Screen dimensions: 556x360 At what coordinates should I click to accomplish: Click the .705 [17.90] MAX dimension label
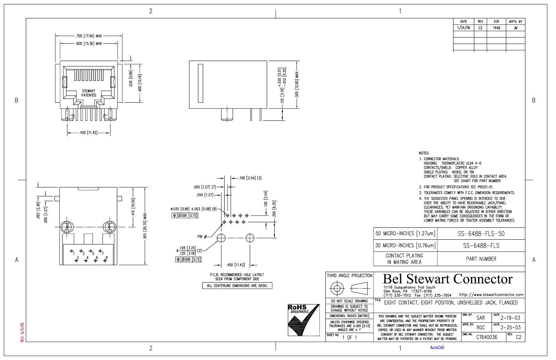click(89, 36)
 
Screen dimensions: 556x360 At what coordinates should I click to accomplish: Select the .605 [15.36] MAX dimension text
click(89, 44)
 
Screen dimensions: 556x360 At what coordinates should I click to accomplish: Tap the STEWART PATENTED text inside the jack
click(89, 93)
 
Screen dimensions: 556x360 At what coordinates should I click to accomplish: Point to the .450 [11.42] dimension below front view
click(88, 133)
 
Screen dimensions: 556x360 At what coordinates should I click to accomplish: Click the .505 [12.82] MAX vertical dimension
click(297, 85)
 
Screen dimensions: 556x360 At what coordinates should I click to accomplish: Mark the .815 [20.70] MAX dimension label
click(145, 226)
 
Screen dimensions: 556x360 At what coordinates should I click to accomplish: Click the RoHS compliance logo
click(304, 320)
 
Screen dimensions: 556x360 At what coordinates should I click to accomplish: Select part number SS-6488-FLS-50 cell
click(481, 234)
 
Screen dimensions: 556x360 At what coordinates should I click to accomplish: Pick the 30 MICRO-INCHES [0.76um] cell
click(405, 245)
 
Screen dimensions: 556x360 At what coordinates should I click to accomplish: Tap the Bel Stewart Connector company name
click(448, 279)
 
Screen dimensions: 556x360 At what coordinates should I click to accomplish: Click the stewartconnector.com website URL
click(491, 295)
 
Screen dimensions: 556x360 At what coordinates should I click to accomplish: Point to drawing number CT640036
click(486, 337)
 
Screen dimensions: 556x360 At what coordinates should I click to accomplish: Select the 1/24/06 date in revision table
click(463, 28)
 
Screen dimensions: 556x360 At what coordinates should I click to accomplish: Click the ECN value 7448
click(496, 28)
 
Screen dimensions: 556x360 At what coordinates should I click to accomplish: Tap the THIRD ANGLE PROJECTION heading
click(350, 275)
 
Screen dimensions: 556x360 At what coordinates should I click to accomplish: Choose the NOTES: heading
click(424, 153)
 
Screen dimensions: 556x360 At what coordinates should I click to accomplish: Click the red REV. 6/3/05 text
click(22, 332)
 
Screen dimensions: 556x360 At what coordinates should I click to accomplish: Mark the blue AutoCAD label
click(437, 348)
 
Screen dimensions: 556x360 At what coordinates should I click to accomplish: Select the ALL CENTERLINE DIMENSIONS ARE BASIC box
click(237, 286)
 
